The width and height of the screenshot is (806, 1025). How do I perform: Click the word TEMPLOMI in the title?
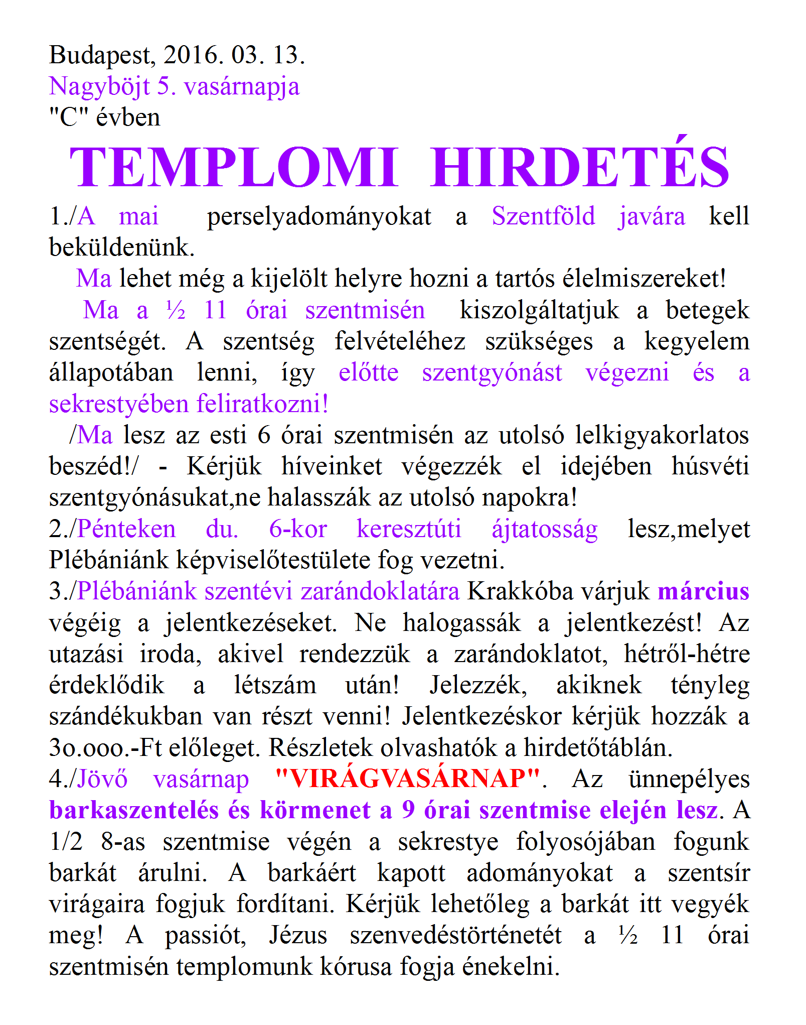234,168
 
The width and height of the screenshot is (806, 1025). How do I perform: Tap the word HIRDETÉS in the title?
579,168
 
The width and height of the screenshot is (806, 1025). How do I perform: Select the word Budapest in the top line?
102,56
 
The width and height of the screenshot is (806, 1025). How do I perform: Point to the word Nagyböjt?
99,87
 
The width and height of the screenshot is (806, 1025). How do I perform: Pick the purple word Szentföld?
543,217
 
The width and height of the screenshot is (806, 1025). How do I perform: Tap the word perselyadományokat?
319,217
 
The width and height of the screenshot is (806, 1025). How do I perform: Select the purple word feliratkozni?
262,404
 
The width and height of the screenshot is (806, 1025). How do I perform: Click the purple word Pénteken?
127,529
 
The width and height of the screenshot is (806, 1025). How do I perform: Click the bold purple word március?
703,592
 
